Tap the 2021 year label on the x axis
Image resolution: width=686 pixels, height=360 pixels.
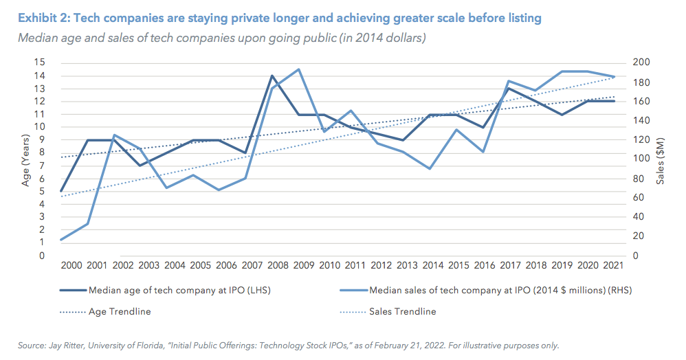click(613, 265)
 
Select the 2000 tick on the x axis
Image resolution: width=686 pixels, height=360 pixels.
click(71, 265)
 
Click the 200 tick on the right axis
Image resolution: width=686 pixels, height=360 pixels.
click(639, 63)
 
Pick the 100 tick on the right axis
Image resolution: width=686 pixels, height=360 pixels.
click(639, 159)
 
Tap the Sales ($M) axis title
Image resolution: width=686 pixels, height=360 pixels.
click(660, 161)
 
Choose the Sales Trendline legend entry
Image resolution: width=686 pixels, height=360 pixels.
click(402, 311)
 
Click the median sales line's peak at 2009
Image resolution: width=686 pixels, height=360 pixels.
click(298, 69)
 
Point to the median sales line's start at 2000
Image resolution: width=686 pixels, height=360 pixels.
click(61, 240)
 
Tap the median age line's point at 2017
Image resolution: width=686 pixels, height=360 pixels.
click(507, 88)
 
